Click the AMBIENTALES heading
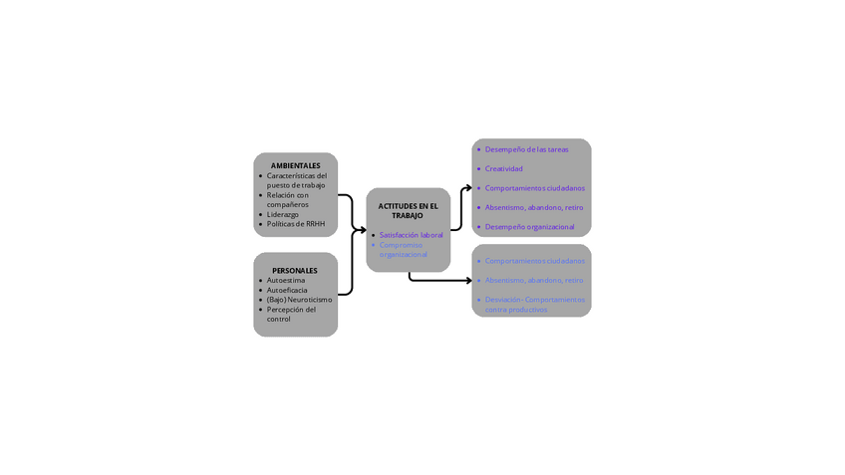point(295,165)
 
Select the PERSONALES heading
point(295,270)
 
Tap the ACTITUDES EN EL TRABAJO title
point(408,211)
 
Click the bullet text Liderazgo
point(282,214)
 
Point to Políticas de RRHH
point(296,224)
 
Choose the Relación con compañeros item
point(288,199)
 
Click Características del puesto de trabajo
point(296,180)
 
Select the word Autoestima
point(286,281)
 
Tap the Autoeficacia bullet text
point(287,290)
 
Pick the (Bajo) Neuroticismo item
point(299,300)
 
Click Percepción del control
point(291,314)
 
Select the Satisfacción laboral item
point(411,235)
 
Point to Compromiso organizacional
point(403,249)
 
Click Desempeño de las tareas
point(526,149)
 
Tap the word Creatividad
point(503,168)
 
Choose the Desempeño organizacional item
point(529,227)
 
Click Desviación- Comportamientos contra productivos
point(534,304)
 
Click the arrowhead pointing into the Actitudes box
point(363,230)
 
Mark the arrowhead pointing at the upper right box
point(468,187)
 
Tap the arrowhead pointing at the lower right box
point(468,281)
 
